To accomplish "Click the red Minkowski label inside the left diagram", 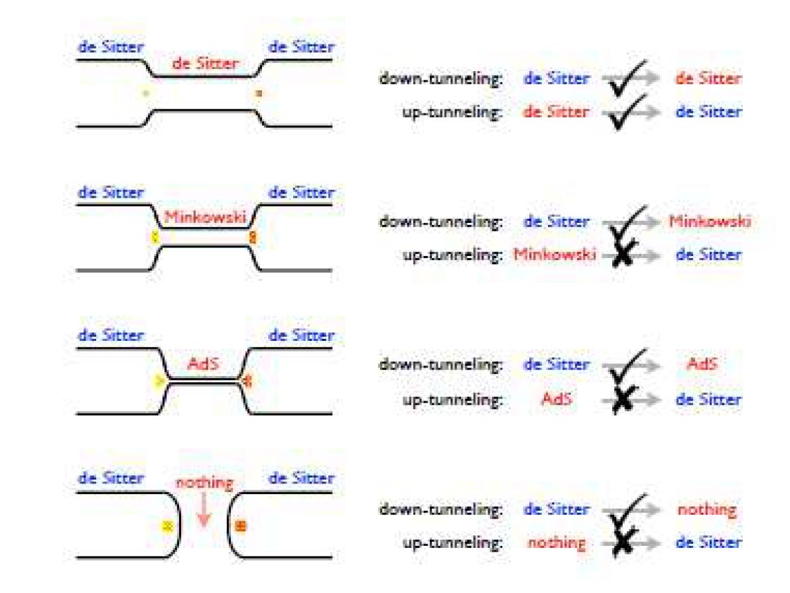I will [204, 216].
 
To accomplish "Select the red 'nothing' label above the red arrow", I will [204, 483].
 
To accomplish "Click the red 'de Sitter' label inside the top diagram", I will [204, 64].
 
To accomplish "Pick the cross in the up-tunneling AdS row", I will [622, 400].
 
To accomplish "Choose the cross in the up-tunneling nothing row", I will [622, 543].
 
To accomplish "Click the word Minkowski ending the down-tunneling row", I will [710, 222].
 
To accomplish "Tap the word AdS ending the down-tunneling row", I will [702, 364].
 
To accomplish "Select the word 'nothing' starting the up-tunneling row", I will [557, 543].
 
